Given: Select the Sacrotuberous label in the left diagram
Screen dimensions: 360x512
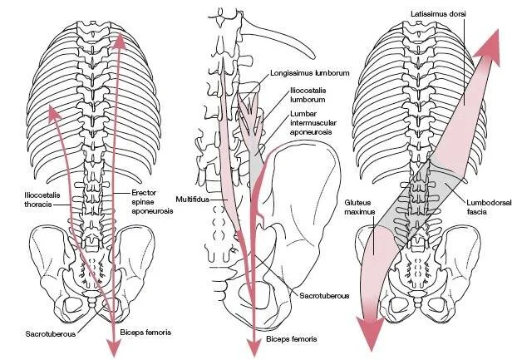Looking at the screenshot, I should [46, 333].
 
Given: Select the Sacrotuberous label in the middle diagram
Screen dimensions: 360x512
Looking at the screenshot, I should [322, 294].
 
